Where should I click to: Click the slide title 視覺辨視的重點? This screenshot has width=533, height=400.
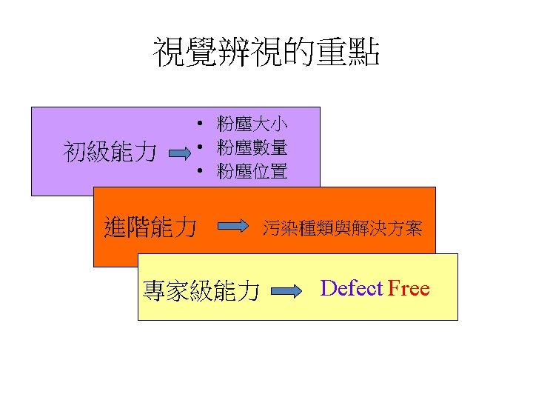tap(266, 53)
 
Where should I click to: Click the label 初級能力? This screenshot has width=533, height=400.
tap(110, 153)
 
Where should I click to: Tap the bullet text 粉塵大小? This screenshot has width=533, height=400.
tap(252, 122)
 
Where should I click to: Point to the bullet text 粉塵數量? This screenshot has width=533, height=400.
tap(252, 147)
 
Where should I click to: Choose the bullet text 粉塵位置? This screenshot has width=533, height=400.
tap(252, 172)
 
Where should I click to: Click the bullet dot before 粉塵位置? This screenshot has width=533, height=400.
tap(200, 173)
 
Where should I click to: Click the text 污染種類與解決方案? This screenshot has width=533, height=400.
tap(343, 229)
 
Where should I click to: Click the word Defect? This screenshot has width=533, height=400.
tap(352, 288)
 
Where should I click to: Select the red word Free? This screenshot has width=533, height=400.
tap(409, 288)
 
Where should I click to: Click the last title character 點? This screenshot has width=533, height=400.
tap(366, 53)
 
